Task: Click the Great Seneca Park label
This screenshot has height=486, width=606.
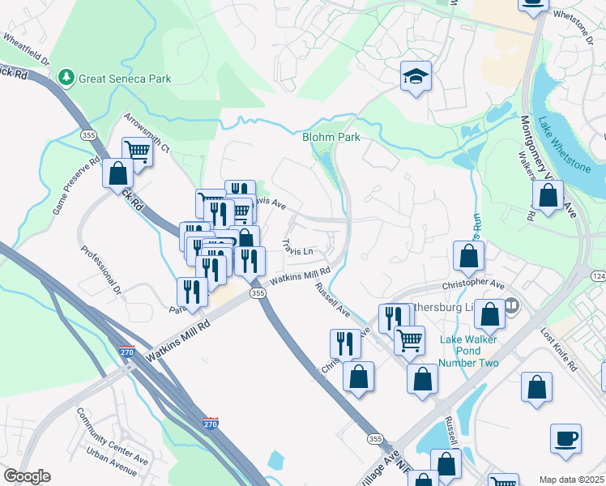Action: point(125,79)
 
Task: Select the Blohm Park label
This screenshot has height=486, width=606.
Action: point(331,138)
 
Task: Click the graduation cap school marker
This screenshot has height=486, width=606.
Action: point(416,77)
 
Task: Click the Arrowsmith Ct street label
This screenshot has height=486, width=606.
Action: point(147,134)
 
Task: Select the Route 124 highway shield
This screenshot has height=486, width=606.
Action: point(598,277)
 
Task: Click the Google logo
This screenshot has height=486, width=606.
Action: point(27,476)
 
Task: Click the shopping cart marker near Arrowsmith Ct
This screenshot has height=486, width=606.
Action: point(139,151)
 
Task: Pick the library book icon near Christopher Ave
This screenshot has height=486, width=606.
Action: point(512,307)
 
